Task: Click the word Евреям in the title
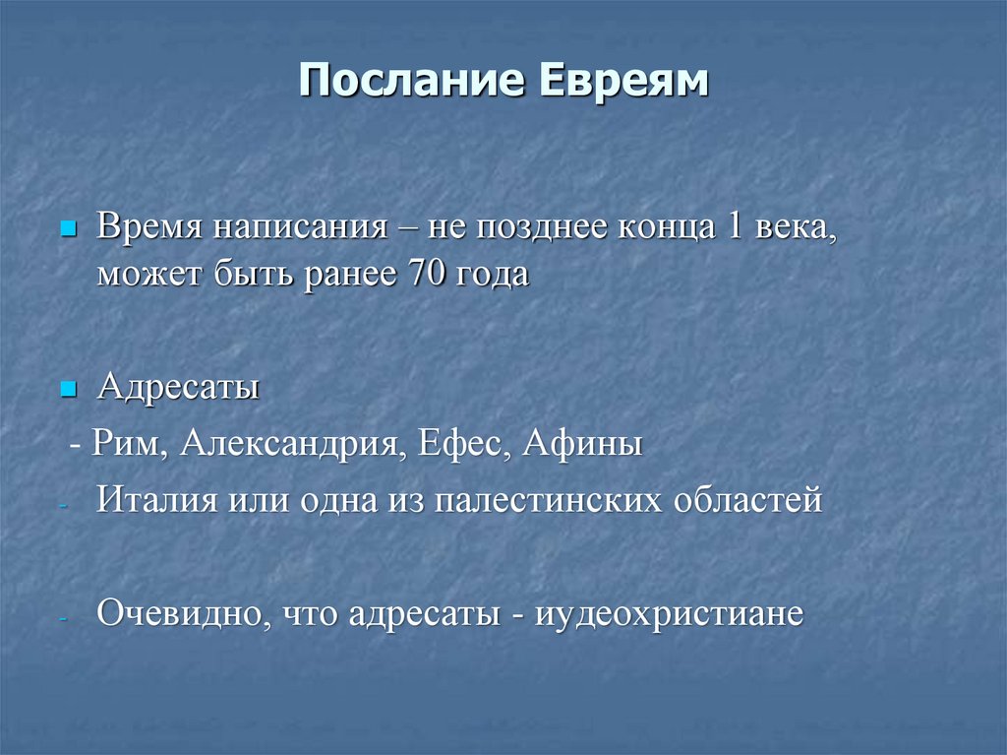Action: (622, 82)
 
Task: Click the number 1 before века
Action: (734, 228)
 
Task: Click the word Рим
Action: (123, 444)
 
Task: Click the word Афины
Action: (582, 444)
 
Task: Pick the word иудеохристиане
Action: (670, 614)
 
